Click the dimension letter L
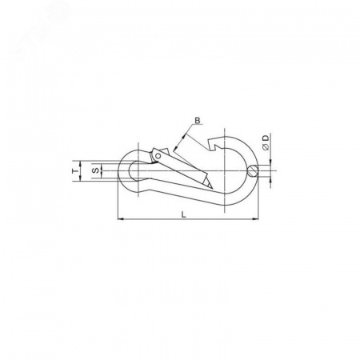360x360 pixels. pyautogui.click(x=183, y=214)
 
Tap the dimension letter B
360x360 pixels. pyautogui.click(x=197, y=121)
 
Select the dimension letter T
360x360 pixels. pyautogui.click(x=75, y=170)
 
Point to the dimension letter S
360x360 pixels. pyautogui.click(x=96, y=170)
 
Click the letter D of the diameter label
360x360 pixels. pyautogui.click(x=266, y=138)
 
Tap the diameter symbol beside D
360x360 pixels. pyautogui.click(x=266, y=147)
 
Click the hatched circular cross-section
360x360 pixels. pyautogui.click(x=253, y=170)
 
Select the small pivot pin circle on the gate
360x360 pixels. pyautogui.click(x=158, y=156)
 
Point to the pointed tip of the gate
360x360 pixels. pyautogui.click(x=212, y=189)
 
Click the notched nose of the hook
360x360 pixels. pyautogui.click(x=214, y=144)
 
